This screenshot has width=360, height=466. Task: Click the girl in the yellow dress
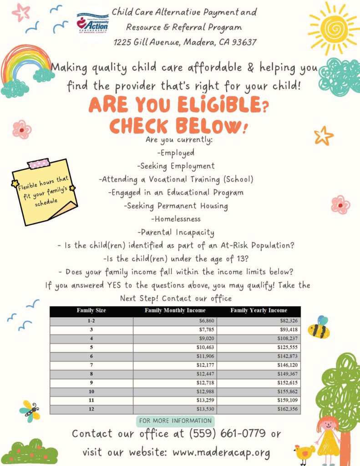(x=328, y=436)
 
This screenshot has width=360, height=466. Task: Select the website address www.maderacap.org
(x=221, y=453)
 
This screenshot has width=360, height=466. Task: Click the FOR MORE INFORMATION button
(x=175, y=420)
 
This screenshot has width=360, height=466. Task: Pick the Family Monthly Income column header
(x=175, y=311)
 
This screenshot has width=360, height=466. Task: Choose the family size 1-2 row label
(x=91, y=321)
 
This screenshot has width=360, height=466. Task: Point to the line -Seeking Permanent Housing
(x=176, y=206)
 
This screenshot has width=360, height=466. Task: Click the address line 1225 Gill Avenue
(x=185, y=42)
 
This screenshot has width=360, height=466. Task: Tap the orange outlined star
(x=324, y=136)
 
